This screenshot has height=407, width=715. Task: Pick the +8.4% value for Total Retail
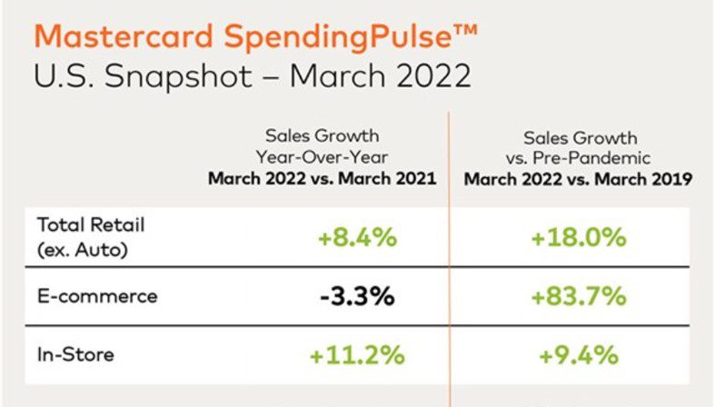(357, 239)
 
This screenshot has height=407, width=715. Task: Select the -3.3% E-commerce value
(357, 296)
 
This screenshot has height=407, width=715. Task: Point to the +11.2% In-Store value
(357, 354)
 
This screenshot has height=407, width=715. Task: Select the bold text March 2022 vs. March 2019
(578, 179)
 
